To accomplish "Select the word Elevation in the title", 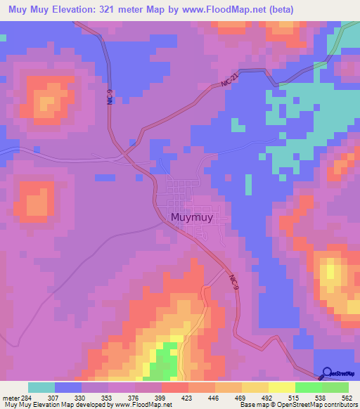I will coord(86,10).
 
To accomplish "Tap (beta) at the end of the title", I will coord(278,10).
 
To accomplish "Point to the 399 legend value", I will coord(161,398).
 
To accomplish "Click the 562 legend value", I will coord(347,398).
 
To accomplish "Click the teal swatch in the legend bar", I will coord(41,387).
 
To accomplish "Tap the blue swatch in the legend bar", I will coord(67,387).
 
